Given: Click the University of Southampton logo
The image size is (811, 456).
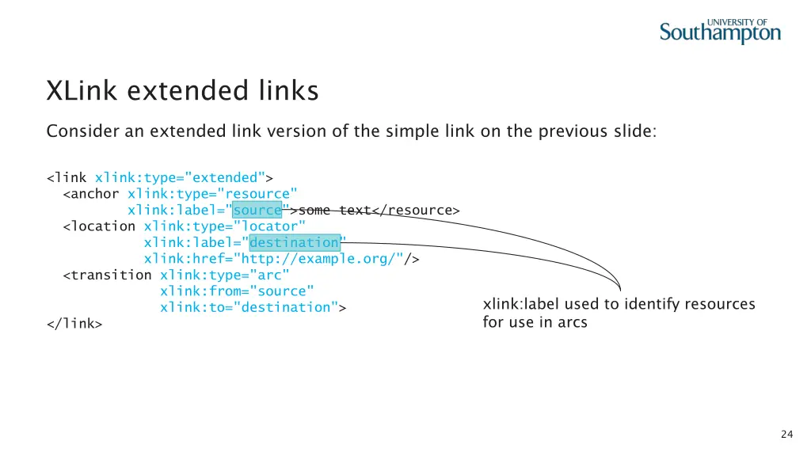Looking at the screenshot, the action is coord(720,30).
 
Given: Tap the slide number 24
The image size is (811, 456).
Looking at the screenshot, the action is coord(786,434).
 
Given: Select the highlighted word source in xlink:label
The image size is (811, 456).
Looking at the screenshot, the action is coord(257,210).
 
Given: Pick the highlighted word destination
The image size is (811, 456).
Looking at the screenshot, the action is coord(294,242).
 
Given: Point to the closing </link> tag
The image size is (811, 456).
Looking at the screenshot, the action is coord(74,323).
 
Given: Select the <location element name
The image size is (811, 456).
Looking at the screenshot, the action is coord(101,226).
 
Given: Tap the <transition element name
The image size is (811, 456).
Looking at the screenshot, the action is coord(109,275).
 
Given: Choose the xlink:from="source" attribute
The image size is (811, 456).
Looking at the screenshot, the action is coord(237,291).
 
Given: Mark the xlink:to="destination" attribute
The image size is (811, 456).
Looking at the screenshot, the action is coord(249,307).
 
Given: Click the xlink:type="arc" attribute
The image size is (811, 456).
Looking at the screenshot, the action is coord(224,275).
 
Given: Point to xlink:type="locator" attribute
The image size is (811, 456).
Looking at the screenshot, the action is coord(224,226).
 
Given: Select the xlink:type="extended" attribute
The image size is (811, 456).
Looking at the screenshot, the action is coord(180,177).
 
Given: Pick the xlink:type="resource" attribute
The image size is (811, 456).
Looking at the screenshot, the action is coord(212,194).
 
